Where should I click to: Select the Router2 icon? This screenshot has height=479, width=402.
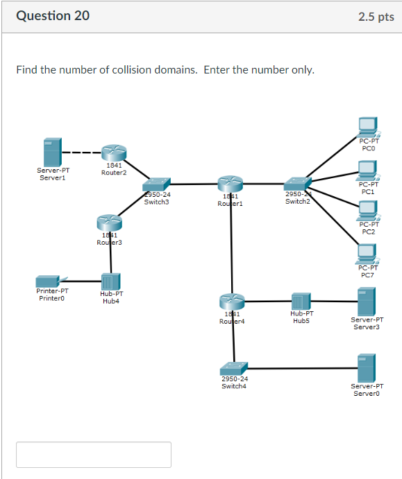(x=114, y=153)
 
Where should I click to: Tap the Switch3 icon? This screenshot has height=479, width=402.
(x=157, y=184)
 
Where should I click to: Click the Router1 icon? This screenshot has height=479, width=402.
(x=228, y=184)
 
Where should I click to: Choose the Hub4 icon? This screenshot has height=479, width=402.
(x=110, y=281)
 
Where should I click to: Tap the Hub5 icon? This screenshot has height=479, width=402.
(x=300, y=302)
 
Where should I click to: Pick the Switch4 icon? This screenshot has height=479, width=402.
(x=233, y=367)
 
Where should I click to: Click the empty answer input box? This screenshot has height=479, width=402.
(x=94, y=455)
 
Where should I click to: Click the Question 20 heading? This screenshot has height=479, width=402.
(x=53, y=16)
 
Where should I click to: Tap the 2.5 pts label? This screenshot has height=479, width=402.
(x=376, y=17)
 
